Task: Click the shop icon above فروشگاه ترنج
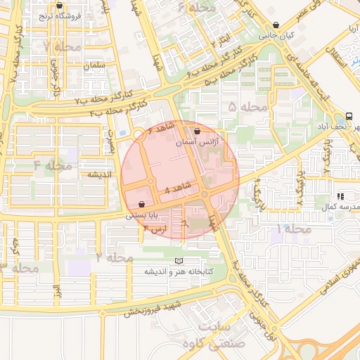(59, 6)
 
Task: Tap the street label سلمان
(93, 65)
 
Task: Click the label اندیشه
(100, 174)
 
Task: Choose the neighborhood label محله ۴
(52, 166)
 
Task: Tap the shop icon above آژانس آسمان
(196, 131)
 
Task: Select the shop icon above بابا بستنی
(143, 204)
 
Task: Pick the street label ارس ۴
(155, 229)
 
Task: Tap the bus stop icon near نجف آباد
(349, 116)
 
